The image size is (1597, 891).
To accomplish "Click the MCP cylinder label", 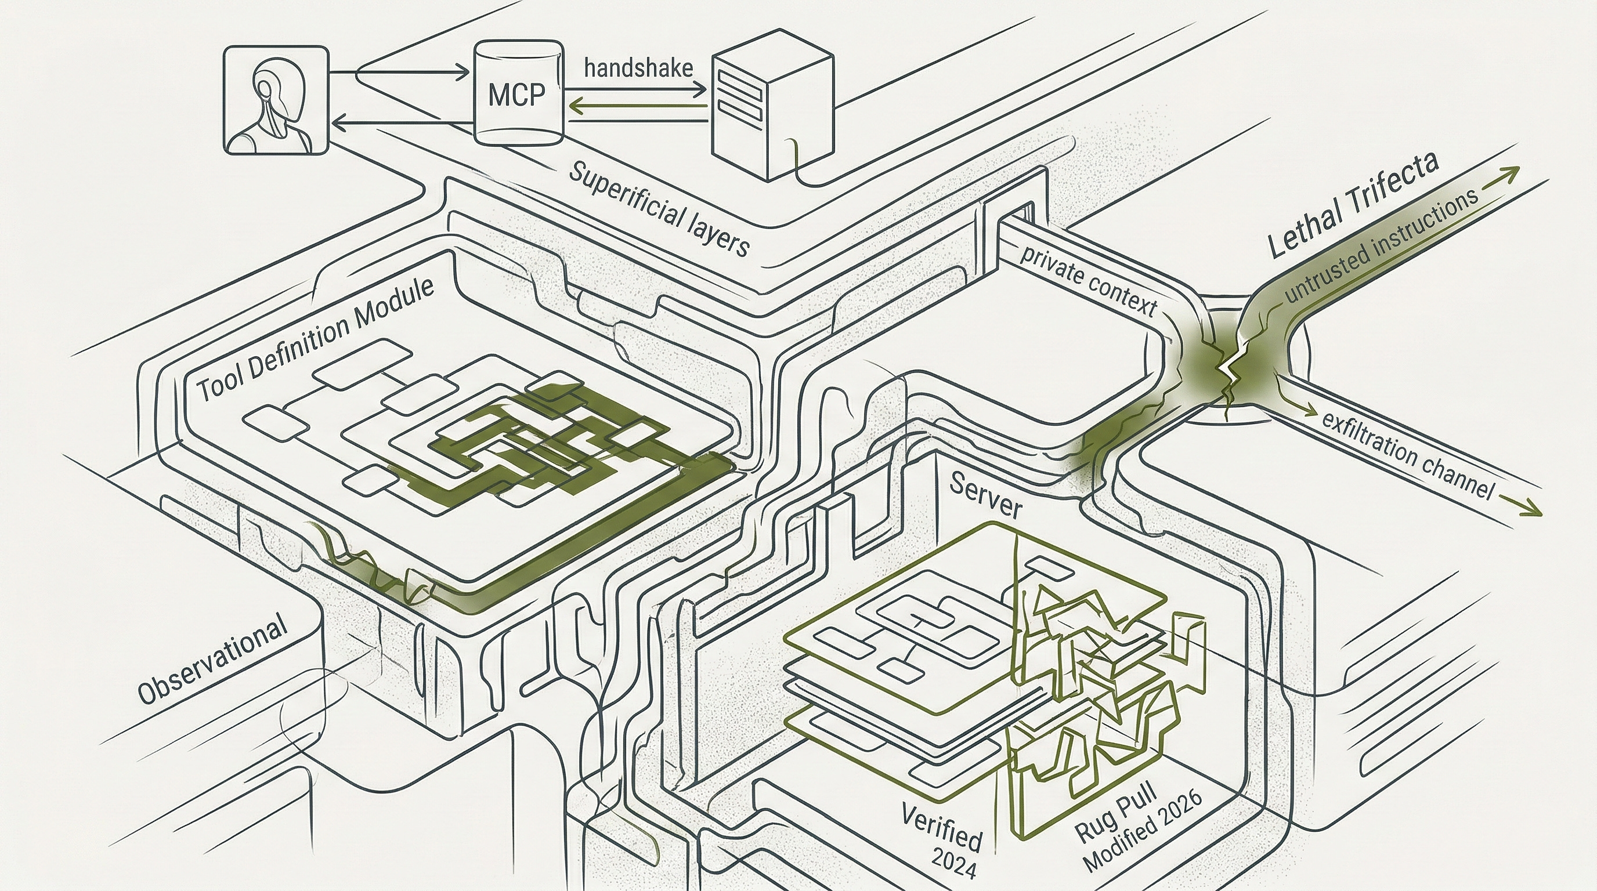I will tap(516, 95).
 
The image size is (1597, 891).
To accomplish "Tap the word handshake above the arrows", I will tap(638, 67).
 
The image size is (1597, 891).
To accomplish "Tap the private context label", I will tap(1087, 280).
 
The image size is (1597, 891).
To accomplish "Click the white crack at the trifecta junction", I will tap(1227, 372).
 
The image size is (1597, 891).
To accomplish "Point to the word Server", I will tap(985, 494).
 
